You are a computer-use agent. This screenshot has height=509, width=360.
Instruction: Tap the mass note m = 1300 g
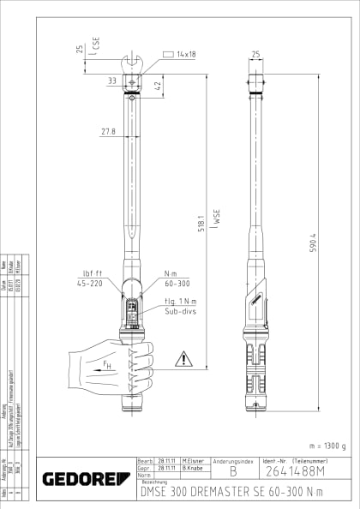pyautogui.click(x=326, y=446)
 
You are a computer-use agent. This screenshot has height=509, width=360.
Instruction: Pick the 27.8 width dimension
pyautogui.click(x=108, y=132)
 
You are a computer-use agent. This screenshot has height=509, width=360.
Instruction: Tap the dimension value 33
pyautogui.click(x=112, y=80)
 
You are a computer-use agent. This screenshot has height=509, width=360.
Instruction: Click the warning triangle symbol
pyautogui.click(x=183, y=359)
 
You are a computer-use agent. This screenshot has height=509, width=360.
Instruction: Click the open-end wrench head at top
pyautogui.click(x=135, y=62)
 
